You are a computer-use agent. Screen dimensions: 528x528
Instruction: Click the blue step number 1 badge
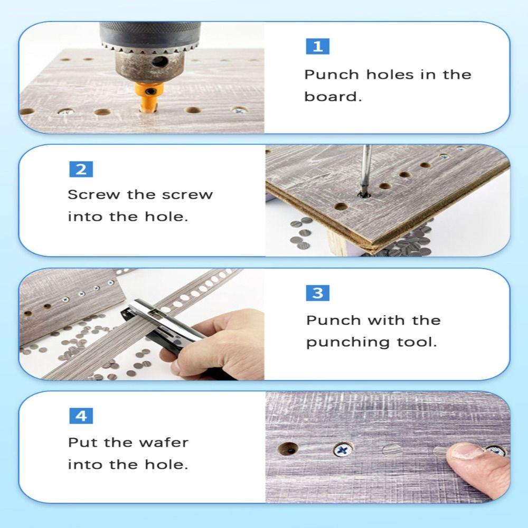click(317, 46)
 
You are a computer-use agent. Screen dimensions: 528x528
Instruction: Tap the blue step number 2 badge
click(81, 169)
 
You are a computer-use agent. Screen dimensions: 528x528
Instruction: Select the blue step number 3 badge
click(317, 293)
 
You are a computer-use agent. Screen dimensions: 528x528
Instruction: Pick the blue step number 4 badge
click(81, 416)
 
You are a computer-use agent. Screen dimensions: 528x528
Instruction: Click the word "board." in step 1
click(333, 97)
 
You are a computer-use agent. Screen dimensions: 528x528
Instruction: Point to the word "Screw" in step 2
click(94, 195)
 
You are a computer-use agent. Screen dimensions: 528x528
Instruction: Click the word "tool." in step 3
click(417, 342)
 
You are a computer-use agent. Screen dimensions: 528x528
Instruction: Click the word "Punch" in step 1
click(332, 75)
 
